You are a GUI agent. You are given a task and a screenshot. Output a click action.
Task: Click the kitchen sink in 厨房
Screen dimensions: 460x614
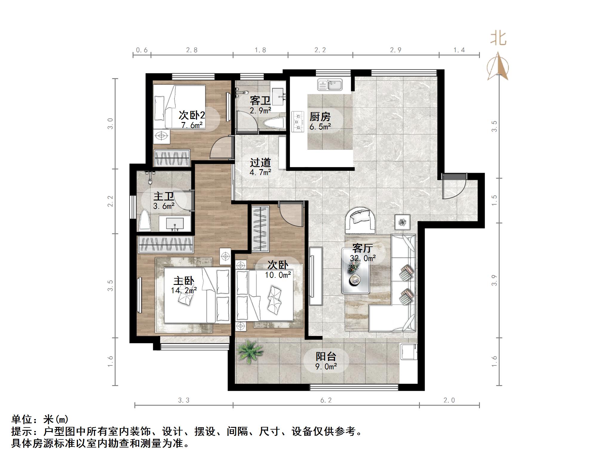(330, 84)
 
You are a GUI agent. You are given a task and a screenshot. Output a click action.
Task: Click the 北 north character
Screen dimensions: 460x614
(498, 39)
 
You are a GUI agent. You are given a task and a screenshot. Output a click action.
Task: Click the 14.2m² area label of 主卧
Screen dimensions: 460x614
(184, 290)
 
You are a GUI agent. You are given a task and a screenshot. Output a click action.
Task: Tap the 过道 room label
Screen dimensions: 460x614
(260, 163)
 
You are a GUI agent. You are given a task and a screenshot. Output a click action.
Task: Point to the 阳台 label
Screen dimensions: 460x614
(326, 356)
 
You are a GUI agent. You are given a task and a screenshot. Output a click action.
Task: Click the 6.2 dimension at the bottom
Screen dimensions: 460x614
(326, 400)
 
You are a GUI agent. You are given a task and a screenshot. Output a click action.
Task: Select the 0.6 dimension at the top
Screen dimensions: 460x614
(142, 50)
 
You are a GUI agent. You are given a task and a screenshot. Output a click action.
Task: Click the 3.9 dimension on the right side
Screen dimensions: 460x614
(495, 280)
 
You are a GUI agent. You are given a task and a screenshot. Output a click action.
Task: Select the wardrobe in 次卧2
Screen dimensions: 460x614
(172, 158)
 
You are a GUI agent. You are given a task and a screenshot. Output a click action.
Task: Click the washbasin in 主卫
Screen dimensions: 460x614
(174, 224)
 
